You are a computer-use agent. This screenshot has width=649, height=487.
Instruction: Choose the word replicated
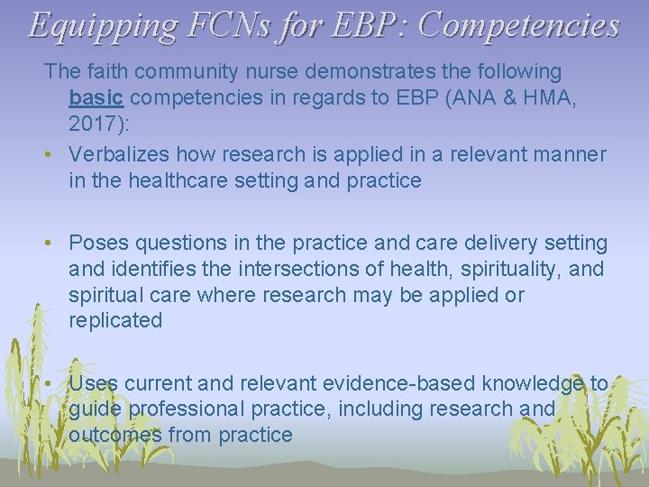115,320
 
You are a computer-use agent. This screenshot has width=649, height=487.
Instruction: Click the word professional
186,409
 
